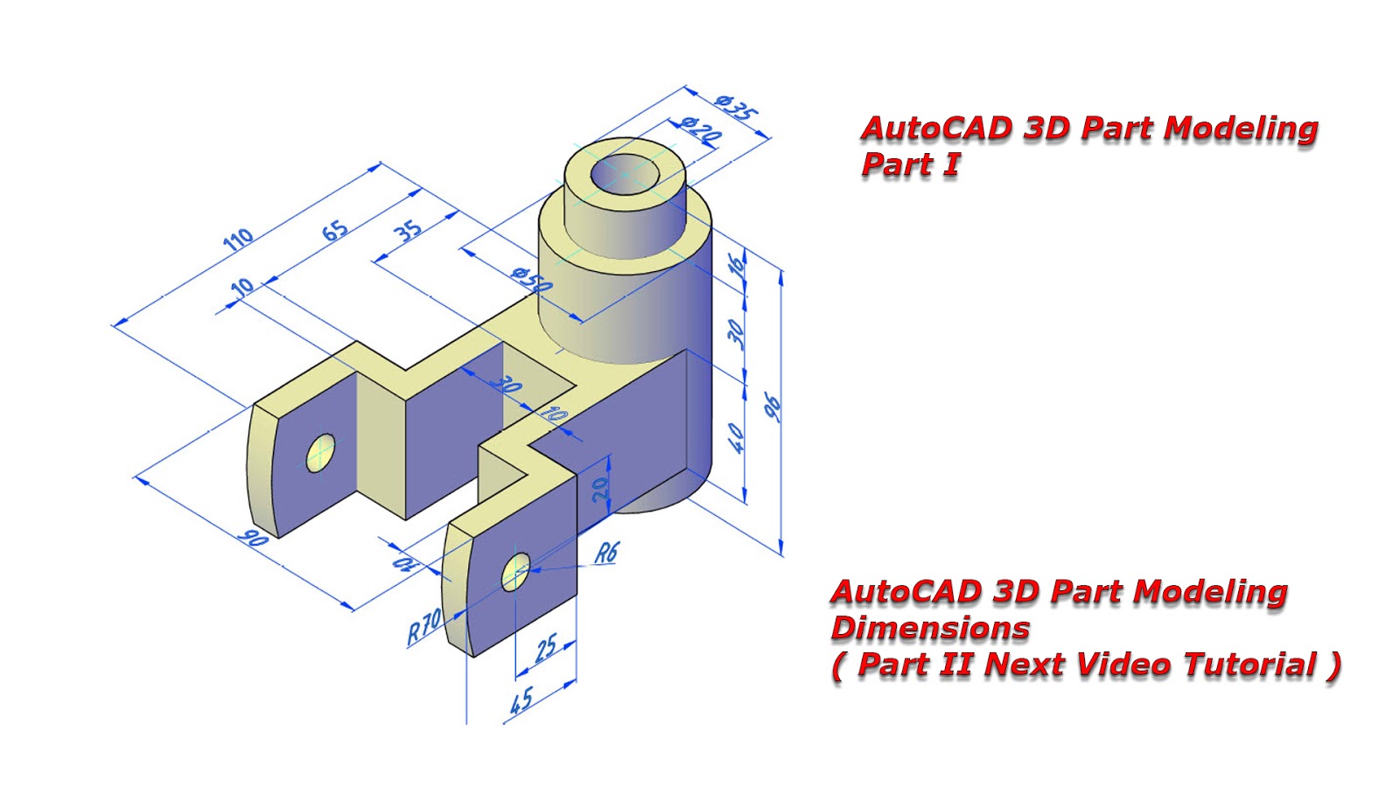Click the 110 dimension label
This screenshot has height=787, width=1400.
coord(238,239)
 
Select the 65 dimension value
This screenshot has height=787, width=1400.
coord(335,230)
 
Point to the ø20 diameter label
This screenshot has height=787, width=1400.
coord(701,130)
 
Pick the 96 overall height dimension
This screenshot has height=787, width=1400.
coord(773,407)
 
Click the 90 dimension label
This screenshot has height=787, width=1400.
coord(254,539)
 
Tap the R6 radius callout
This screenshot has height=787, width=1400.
coord(606,553)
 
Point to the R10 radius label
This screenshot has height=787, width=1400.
coord(424,626)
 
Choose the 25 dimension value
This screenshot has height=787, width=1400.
coord(545,649)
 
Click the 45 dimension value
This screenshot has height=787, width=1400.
coord(521,700)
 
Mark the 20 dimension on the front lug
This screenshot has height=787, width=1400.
coord(601,490)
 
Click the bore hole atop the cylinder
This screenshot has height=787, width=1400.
coord(625,174)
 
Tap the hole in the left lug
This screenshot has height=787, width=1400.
coord(320,453)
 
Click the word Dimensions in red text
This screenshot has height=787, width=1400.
coord(929,628)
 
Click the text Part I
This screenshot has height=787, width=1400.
coord(910,164)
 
